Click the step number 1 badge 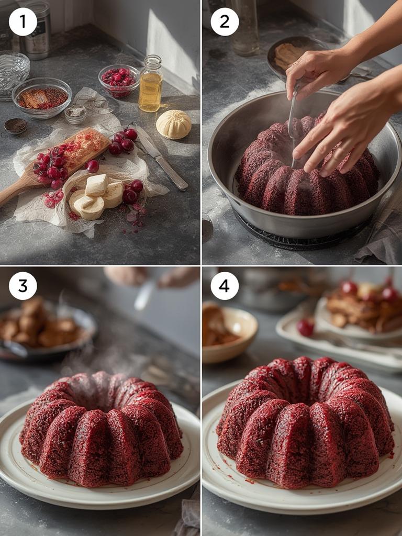point(23,22)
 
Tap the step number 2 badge point(225,22)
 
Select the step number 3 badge point(23,286)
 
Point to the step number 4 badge point(225,286)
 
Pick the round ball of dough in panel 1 point(173,124)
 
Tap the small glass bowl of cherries point(119,80)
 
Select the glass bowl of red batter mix point(42,97)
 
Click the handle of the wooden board point(13,192)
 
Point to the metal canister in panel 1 point(37,30)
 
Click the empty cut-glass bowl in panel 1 point(13,72)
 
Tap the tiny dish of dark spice point(16,126)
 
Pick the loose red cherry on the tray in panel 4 point(305,328)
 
